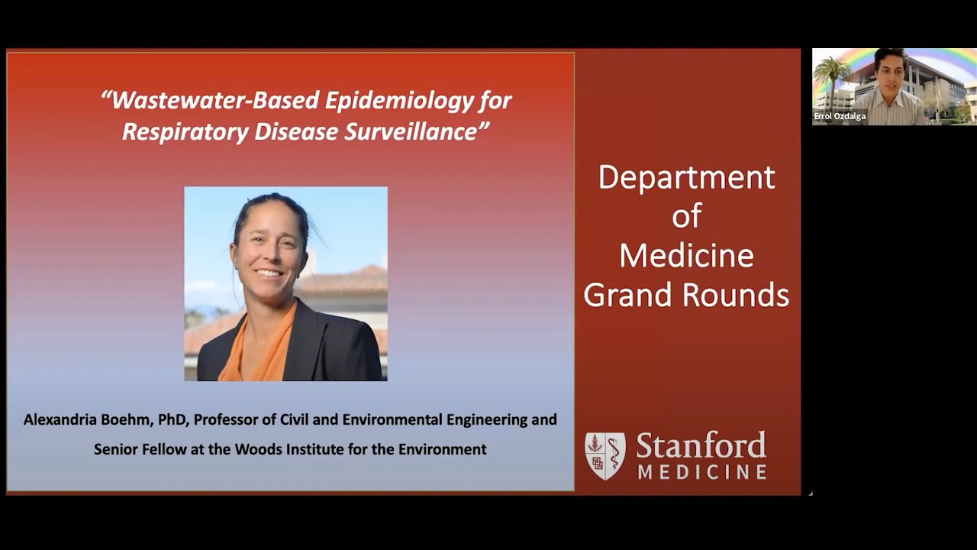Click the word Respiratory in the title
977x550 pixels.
pos(185,131)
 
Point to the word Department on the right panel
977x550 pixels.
pos(686,177)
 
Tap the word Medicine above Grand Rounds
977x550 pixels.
pos(686,256)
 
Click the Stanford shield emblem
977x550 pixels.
pos(605,456)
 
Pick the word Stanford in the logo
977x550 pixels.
pos(701,445)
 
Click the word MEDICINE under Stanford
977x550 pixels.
pos(702,472)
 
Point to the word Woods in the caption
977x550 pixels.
pos(258,449)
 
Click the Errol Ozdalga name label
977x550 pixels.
pos(840,117)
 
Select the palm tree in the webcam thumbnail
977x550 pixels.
pos(833,76)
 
